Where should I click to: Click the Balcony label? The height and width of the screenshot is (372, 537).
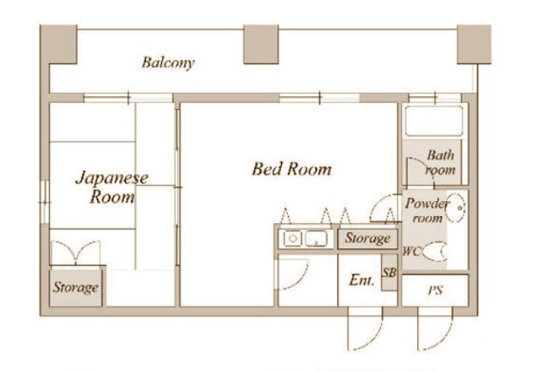(168, 63)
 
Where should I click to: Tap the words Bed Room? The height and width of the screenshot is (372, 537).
(292, 169)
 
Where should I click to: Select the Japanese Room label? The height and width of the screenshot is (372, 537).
(112, 188)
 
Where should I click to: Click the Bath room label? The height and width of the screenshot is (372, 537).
(441, 163)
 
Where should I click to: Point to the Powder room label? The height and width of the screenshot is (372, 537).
(427, 210)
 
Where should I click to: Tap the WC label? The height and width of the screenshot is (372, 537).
(411, 251)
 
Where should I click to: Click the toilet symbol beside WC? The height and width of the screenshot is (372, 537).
(435, 251)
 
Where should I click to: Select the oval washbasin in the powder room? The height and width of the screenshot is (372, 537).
(456, 207)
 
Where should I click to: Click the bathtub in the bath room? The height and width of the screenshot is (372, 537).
(434, 121)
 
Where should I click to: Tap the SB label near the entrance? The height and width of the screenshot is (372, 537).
(389, 272)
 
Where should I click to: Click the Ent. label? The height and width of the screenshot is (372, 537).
(362, 281)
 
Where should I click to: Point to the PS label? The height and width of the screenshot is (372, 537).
(435, 291)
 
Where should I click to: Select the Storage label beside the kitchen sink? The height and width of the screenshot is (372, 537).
(368, 238)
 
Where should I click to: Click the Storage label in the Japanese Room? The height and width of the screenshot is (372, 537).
(76, 287)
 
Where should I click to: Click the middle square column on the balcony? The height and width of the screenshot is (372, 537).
(261, 44)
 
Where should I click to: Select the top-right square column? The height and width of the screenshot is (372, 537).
(474, 44)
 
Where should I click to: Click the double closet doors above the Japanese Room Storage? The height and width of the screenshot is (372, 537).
(76, 252)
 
